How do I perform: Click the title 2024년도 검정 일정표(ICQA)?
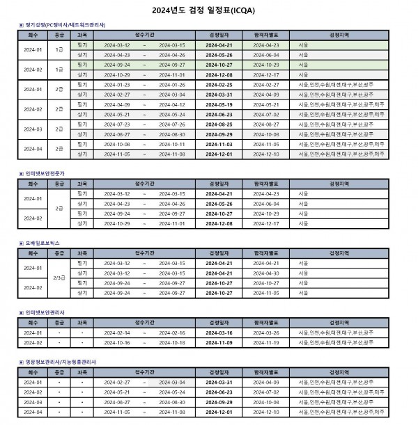(x=208, y=10)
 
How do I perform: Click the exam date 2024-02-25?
(x=219, y=84)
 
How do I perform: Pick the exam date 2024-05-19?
(x=219, y=104)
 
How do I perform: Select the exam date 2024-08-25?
(x=219, y=124)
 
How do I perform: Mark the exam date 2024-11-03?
(x=219, y=144)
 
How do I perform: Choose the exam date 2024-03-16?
(x=219, y=332)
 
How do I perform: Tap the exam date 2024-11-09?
(x=219, y=343)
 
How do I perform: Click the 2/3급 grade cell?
(x=59, y=278)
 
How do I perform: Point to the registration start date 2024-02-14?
(x=117, y=332)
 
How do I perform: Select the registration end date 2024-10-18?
(x=172, y=343)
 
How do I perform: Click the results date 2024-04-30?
(x=266, y=273)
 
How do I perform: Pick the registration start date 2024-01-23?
(x=117, y=84)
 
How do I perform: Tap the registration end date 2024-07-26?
(x=172, y=124)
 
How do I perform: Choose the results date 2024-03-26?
(x=266, y=332)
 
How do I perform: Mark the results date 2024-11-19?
(x=266, y=343)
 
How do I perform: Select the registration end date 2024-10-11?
(x=172, y=144)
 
